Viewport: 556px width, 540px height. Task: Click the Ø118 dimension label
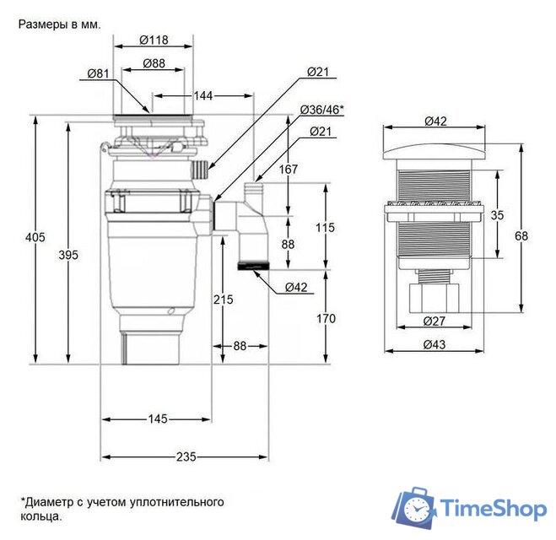point(154,40)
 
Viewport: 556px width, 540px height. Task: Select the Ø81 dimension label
point(98,73)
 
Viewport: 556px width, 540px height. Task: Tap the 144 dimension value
point(203,95)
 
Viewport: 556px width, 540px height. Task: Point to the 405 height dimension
point(35,237)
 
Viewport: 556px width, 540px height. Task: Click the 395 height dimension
point(68,255)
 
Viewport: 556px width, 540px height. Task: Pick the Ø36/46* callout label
point(322,110)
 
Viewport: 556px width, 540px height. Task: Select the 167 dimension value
point(289,170)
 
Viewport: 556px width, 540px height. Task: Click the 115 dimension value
point(325,227)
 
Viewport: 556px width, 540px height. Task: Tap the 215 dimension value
point(224,300)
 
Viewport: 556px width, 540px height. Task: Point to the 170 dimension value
point(326,319)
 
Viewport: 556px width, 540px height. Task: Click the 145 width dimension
point(158,418)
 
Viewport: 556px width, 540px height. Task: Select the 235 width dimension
point(186,456)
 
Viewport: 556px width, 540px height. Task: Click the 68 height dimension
point(521,235)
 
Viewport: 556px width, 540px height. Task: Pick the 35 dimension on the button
point(497,215)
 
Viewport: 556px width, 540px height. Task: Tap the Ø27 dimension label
point(435,321)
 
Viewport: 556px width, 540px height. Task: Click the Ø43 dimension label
point(435,344)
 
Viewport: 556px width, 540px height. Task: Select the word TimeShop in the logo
point(494,509)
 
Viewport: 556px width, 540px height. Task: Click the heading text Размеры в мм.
point(60,24)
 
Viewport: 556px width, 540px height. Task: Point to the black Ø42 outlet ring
point(254,266)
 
